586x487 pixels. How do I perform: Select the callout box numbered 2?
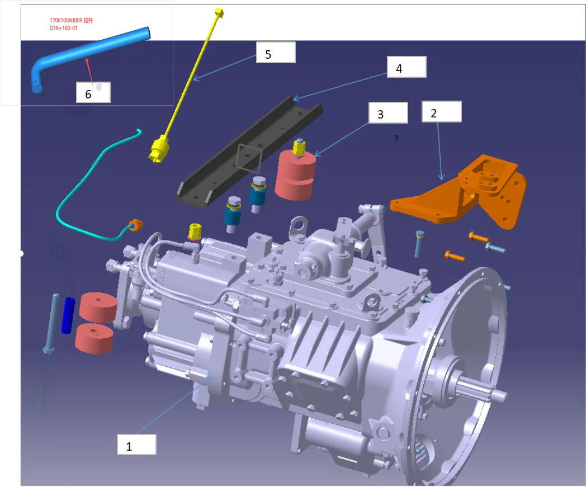441,112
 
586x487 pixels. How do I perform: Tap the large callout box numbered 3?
388,113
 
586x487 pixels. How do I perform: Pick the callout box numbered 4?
407,67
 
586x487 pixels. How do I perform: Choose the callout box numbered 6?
93,92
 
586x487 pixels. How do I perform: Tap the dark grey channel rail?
246,151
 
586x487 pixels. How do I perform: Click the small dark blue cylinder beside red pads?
69,315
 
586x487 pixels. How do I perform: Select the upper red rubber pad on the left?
98,306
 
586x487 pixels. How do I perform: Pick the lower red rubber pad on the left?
94,338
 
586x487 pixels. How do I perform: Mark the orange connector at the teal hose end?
135,226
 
